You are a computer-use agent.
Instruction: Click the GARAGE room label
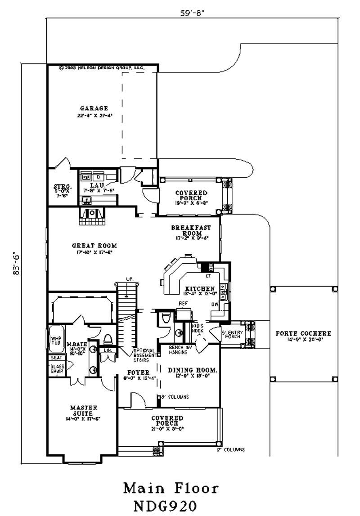tap(94, 108)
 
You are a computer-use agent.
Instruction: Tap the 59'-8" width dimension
tap(192, 13)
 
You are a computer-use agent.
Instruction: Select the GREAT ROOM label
tap(94, 246)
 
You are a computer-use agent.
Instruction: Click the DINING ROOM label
tap(193, 370)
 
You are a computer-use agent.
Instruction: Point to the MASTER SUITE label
tap(81, 410)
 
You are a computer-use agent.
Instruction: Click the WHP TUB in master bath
tap(56, 341)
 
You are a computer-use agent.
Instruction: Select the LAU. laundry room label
tap(97, 185)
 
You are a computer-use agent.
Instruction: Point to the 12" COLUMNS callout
tap(230, 449)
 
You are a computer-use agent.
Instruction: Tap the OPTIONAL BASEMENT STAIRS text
tap(144, 355)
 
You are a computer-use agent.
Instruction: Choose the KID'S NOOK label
tap(198, 328)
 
